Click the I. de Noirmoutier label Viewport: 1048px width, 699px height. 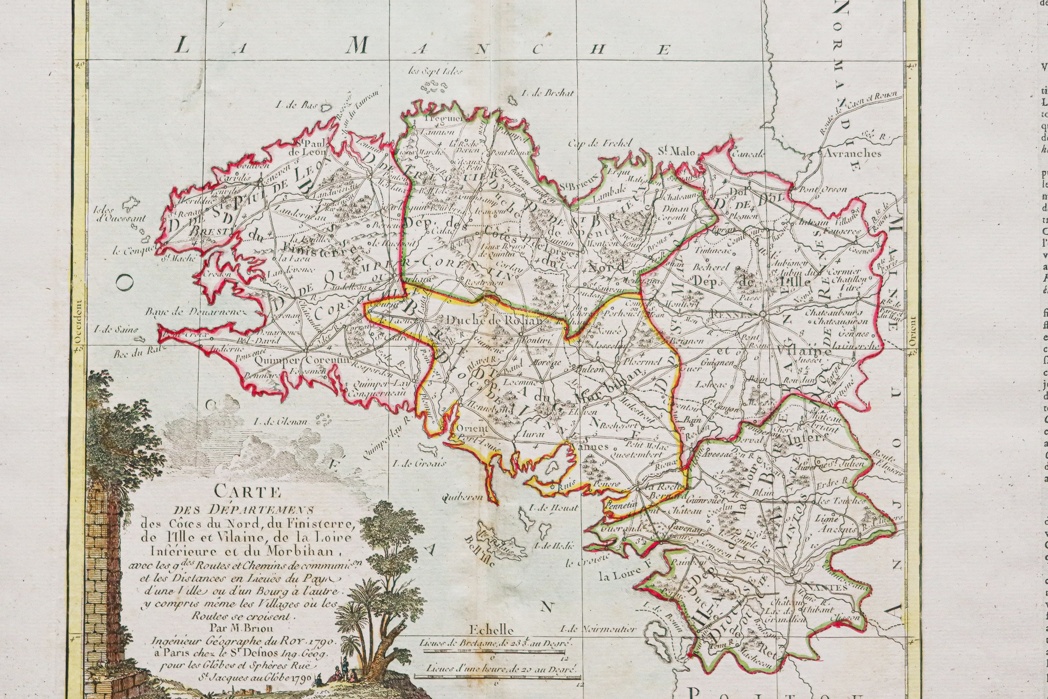pyautogui.click(x=598, y=629)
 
